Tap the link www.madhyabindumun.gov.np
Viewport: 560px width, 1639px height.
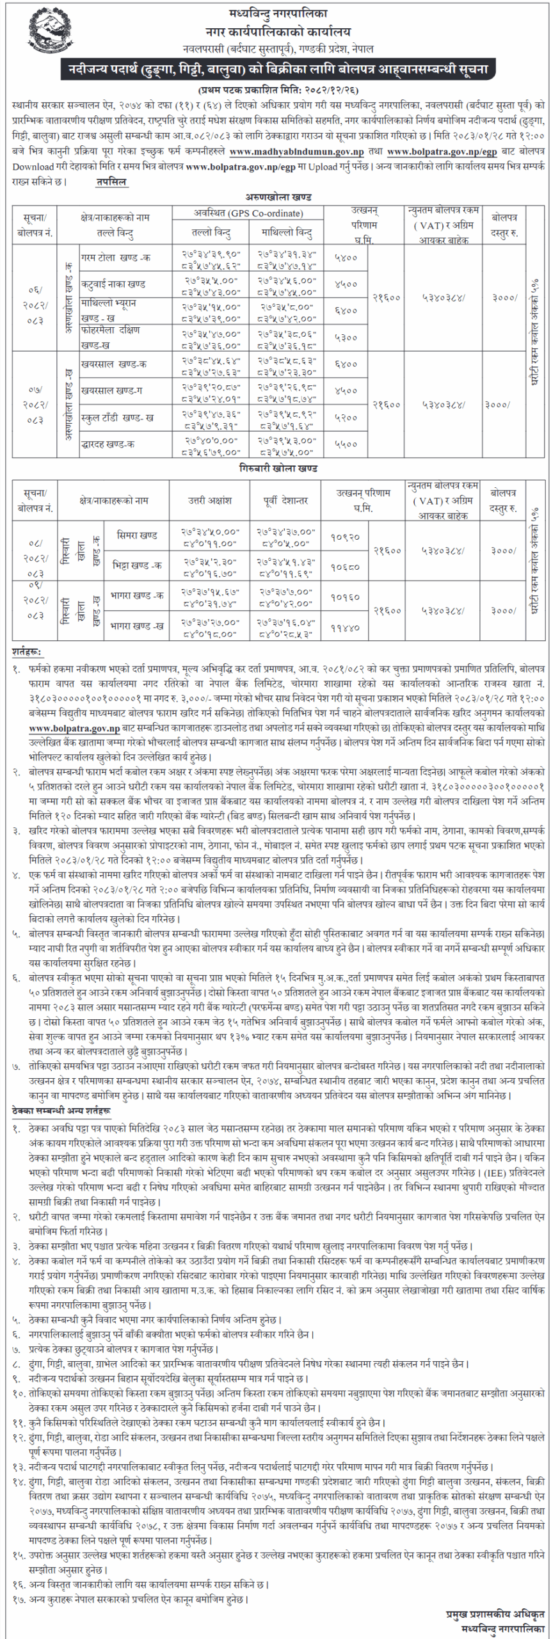click(x=296, y=152)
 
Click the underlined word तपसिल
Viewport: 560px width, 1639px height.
click(x=111, y=182)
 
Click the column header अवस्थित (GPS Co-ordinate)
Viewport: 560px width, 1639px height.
click(x=248, y=213)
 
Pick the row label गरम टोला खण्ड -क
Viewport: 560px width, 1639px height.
click(x=115, y=257)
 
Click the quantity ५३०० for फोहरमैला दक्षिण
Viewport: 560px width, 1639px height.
click(x=346, y=337)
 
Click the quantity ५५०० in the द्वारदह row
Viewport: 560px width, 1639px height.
click(x=346, y=444)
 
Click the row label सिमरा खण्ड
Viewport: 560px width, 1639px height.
click(x=137, y=535)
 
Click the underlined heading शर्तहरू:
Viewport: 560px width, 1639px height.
click(x=26, y=652)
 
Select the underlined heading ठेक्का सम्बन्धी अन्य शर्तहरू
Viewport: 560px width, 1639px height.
click(x=61, y=1111)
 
